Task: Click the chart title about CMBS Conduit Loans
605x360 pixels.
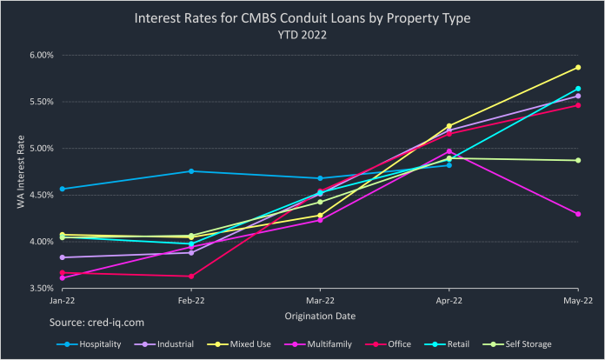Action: [x=302, y=18]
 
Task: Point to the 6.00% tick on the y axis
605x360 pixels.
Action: [x=42, y=55]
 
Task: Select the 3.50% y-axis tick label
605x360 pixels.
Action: [x=42, y=288]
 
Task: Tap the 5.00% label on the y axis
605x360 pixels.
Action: [x=42, y=148]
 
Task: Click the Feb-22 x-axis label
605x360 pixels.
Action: [x=191, y=301]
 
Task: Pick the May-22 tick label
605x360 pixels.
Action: [x=577, y=301]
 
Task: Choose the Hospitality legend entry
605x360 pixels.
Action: [x=95, y=344]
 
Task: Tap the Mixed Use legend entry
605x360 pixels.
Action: [x=248, y=344]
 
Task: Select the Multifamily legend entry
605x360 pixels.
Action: [x=323, y=344]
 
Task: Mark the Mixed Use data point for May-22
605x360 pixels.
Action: [x=578, y=67]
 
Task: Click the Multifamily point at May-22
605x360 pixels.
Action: [x=578, y=214]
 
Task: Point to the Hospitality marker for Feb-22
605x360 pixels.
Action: [x=191, y=171]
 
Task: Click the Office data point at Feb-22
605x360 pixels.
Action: [x=191, y=277]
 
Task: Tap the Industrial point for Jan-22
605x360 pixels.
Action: [x=63, y=257]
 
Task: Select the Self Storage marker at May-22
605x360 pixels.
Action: [x=578, y=160]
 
